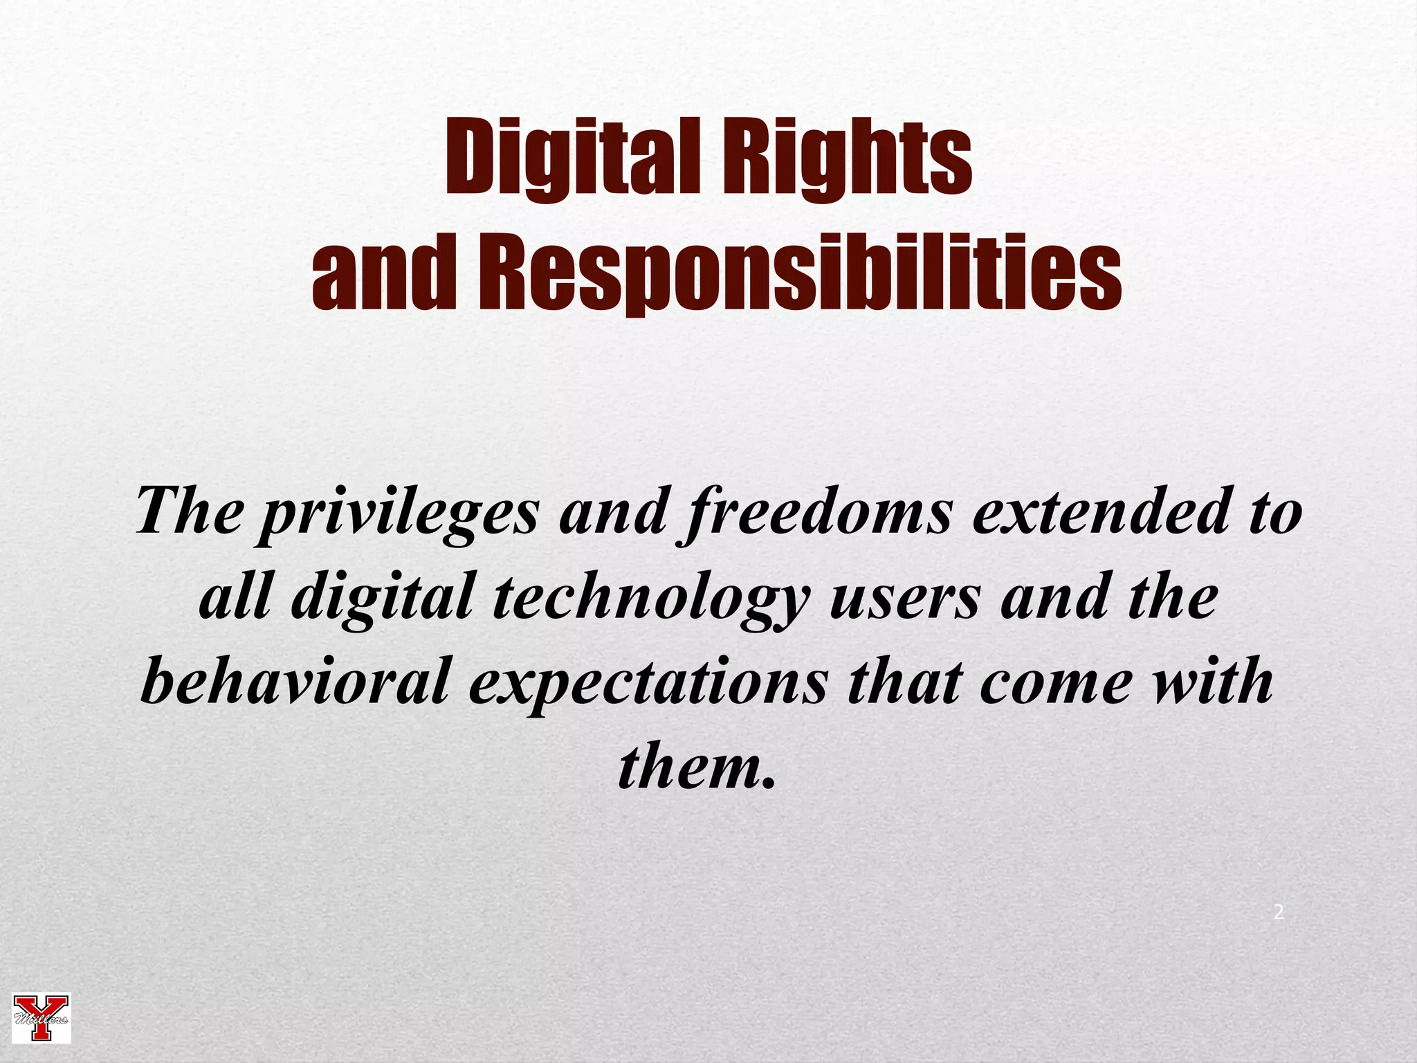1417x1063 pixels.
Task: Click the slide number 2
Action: pos(1279,912)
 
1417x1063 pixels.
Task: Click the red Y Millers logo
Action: pos(42,1017)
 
